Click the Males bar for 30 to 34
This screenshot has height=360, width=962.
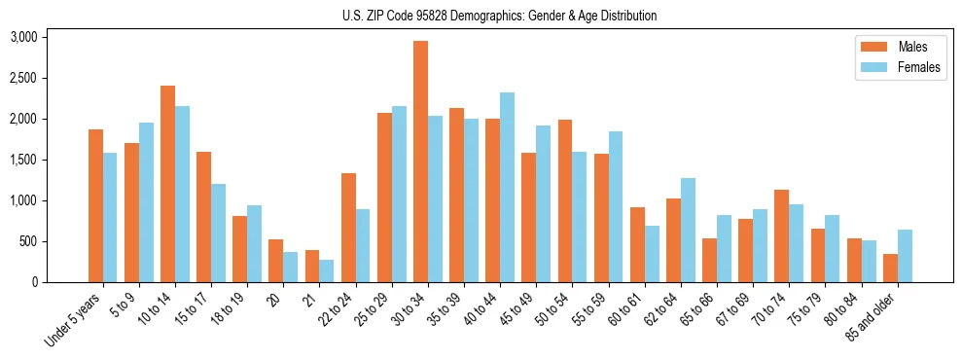tap(420, 162)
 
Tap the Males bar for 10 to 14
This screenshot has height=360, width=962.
tap(167, 184)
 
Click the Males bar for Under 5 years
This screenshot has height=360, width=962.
tap(95, 205)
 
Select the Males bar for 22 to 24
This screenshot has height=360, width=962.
tap(348, 228)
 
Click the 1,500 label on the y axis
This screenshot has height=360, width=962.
tap(23, 160)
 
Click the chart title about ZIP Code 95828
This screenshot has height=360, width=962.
tap(499, 16)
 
